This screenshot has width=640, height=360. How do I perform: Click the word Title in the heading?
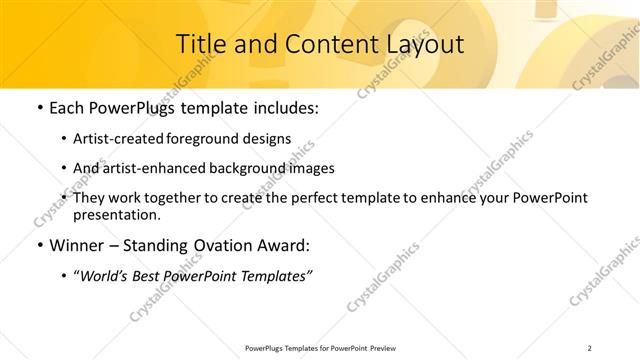tap(198, 44)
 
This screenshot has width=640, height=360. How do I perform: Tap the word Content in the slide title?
tap(317, 44)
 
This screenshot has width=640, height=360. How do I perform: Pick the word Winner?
tap(79, 245)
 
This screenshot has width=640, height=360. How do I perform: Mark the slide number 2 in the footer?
tap(590, 348)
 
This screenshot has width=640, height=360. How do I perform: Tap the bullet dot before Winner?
tap(39, 245)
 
